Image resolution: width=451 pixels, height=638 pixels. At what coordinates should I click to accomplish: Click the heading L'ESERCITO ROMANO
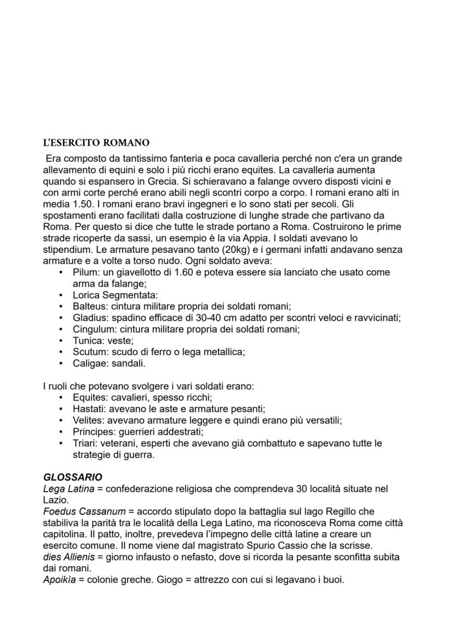[x=96, y=143]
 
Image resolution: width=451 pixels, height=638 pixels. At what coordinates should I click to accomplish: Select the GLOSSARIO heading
[x=72, y=477]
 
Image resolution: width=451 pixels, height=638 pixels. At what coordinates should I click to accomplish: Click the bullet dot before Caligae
[x=61, y=363]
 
